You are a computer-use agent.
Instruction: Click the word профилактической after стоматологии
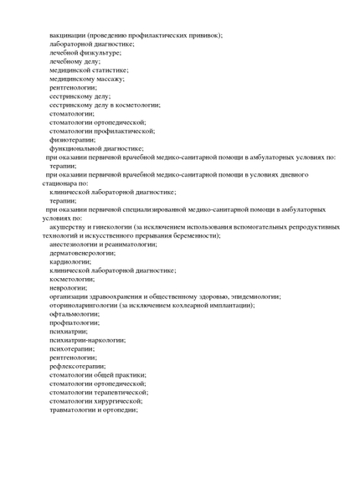click(x=126, y=131)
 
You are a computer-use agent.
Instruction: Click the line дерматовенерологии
click(x=82, y=253)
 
